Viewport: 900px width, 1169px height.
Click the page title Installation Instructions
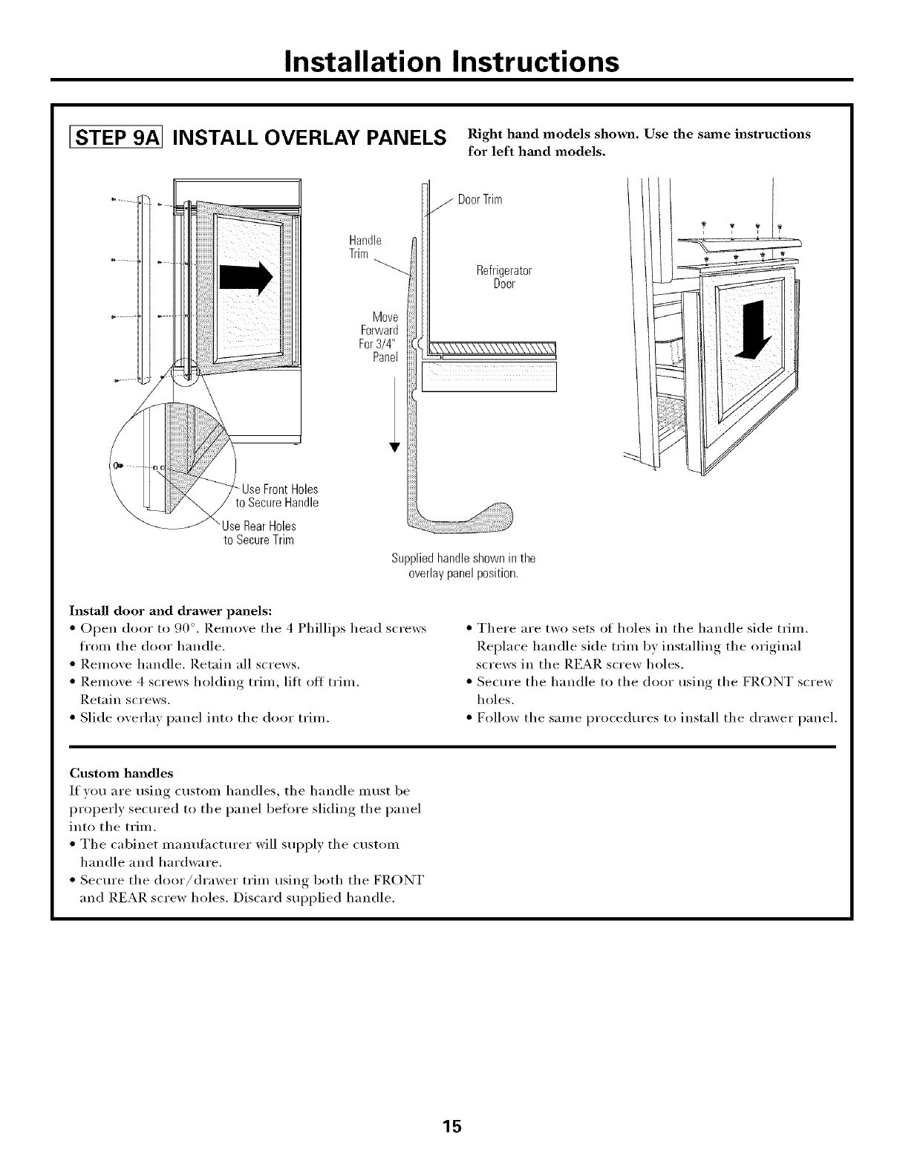click(x=451, y=62)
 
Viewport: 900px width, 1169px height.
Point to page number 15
click(x=451, y=1126)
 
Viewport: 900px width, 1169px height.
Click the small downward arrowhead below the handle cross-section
click(x=395, y=446)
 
